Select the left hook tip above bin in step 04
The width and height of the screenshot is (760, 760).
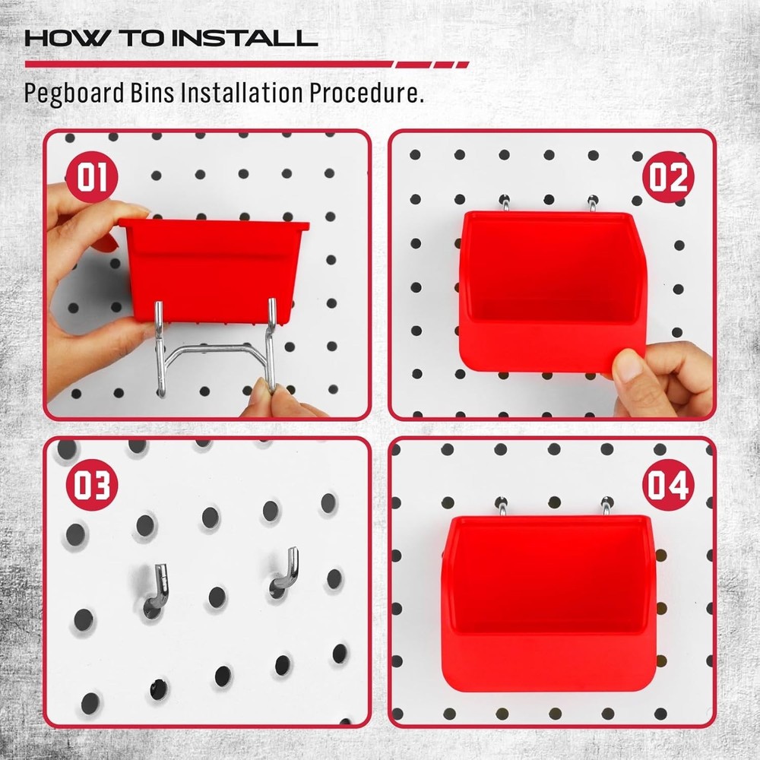point(502,505)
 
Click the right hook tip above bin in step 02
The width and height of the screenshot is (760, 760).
point(592,204)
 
